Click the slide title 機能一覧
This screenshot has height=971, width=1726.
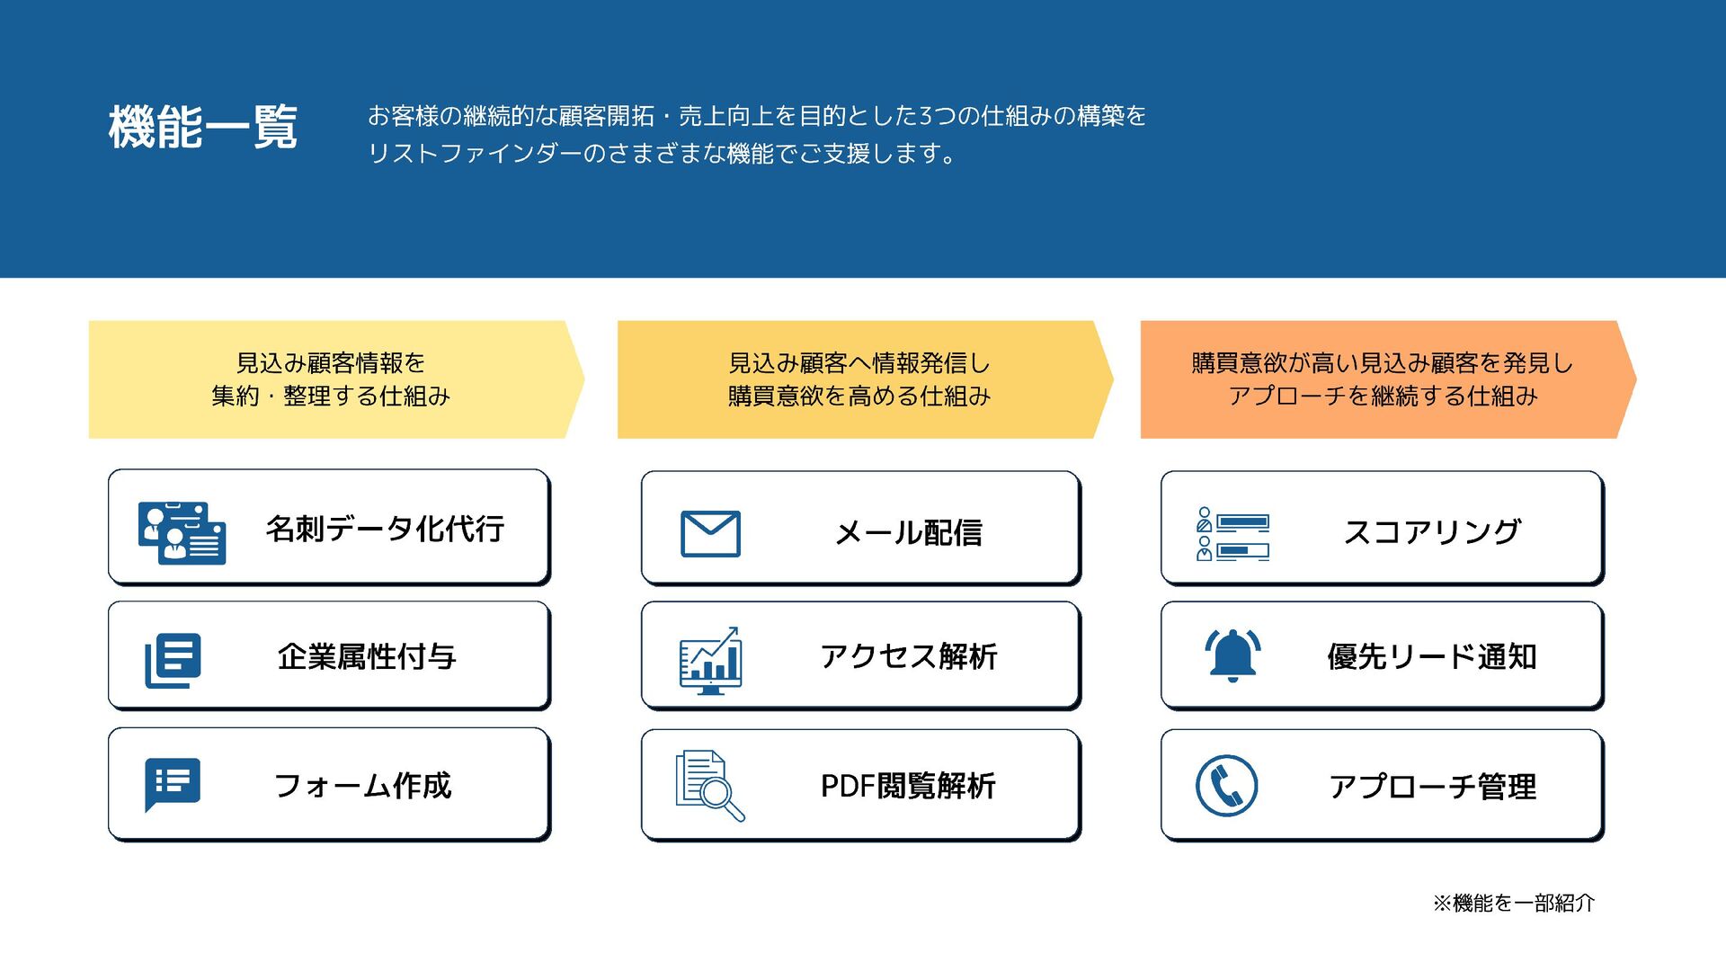click(x=202, y=127)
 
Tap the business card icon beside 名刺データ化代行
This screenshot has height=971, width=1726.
click(x=182, y=532)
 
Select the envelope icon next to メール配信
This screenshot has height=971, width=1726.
click(x=710, y=533)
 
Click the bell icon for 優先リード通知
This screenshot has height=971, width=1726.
click(x=1232, y=655)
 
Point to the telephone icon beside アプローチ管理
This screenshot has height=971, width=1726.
click(x=1226, y=786)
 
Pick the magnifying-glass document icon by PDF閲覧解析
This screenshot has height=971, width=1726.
click(x=709, y=786)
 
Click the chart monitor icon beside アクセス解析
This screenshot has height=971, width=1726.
click(x=710, y=661)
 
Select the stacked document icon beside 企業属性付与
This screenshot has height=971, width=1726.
click(x=173, y=661)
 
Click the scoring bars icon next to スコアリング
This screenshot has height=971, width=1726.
click(x=1232, y=534)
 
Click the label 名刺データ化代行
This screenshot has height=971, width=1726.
click(x=385, y=529)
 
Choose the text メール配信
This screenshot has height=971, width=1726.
click(x=908, y=533)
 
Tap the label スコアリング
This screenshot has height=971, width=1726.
click(x=1431, y=532)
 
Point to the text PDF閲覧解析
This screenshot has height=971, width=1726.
click(x=908, y=787)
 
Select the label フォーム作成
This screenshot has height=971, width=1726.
click(x=362, y=786)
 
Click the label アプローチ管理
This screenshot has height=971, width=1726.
click(x=1432, y=787)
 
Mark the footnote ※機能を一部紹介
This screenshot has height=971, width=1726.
click(x=1514, y=903)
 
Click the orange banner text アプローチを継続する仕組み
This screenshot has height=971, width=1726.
click(x=1383, y=396)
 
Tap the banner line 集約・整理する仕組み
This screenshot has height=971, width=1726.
click(x=331, y=396)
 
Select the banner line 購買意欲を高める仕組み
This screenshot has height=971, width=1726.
click(x=859, y=396)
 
